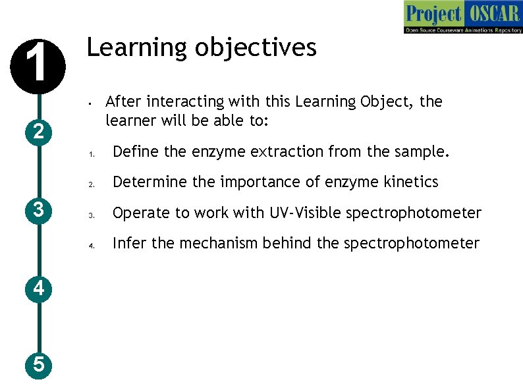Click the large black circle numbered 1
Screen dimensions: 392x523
(39, 67)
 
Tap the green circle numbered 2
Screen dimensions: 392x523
(39, 132)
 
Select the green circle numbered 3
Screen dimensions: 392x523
(39, 210)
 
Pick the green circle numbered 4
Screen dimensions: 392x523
(39, 288)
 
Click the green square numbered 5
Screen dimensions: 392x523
(39, 364)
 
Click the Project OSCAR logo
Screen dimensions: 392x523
(462, 18)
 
